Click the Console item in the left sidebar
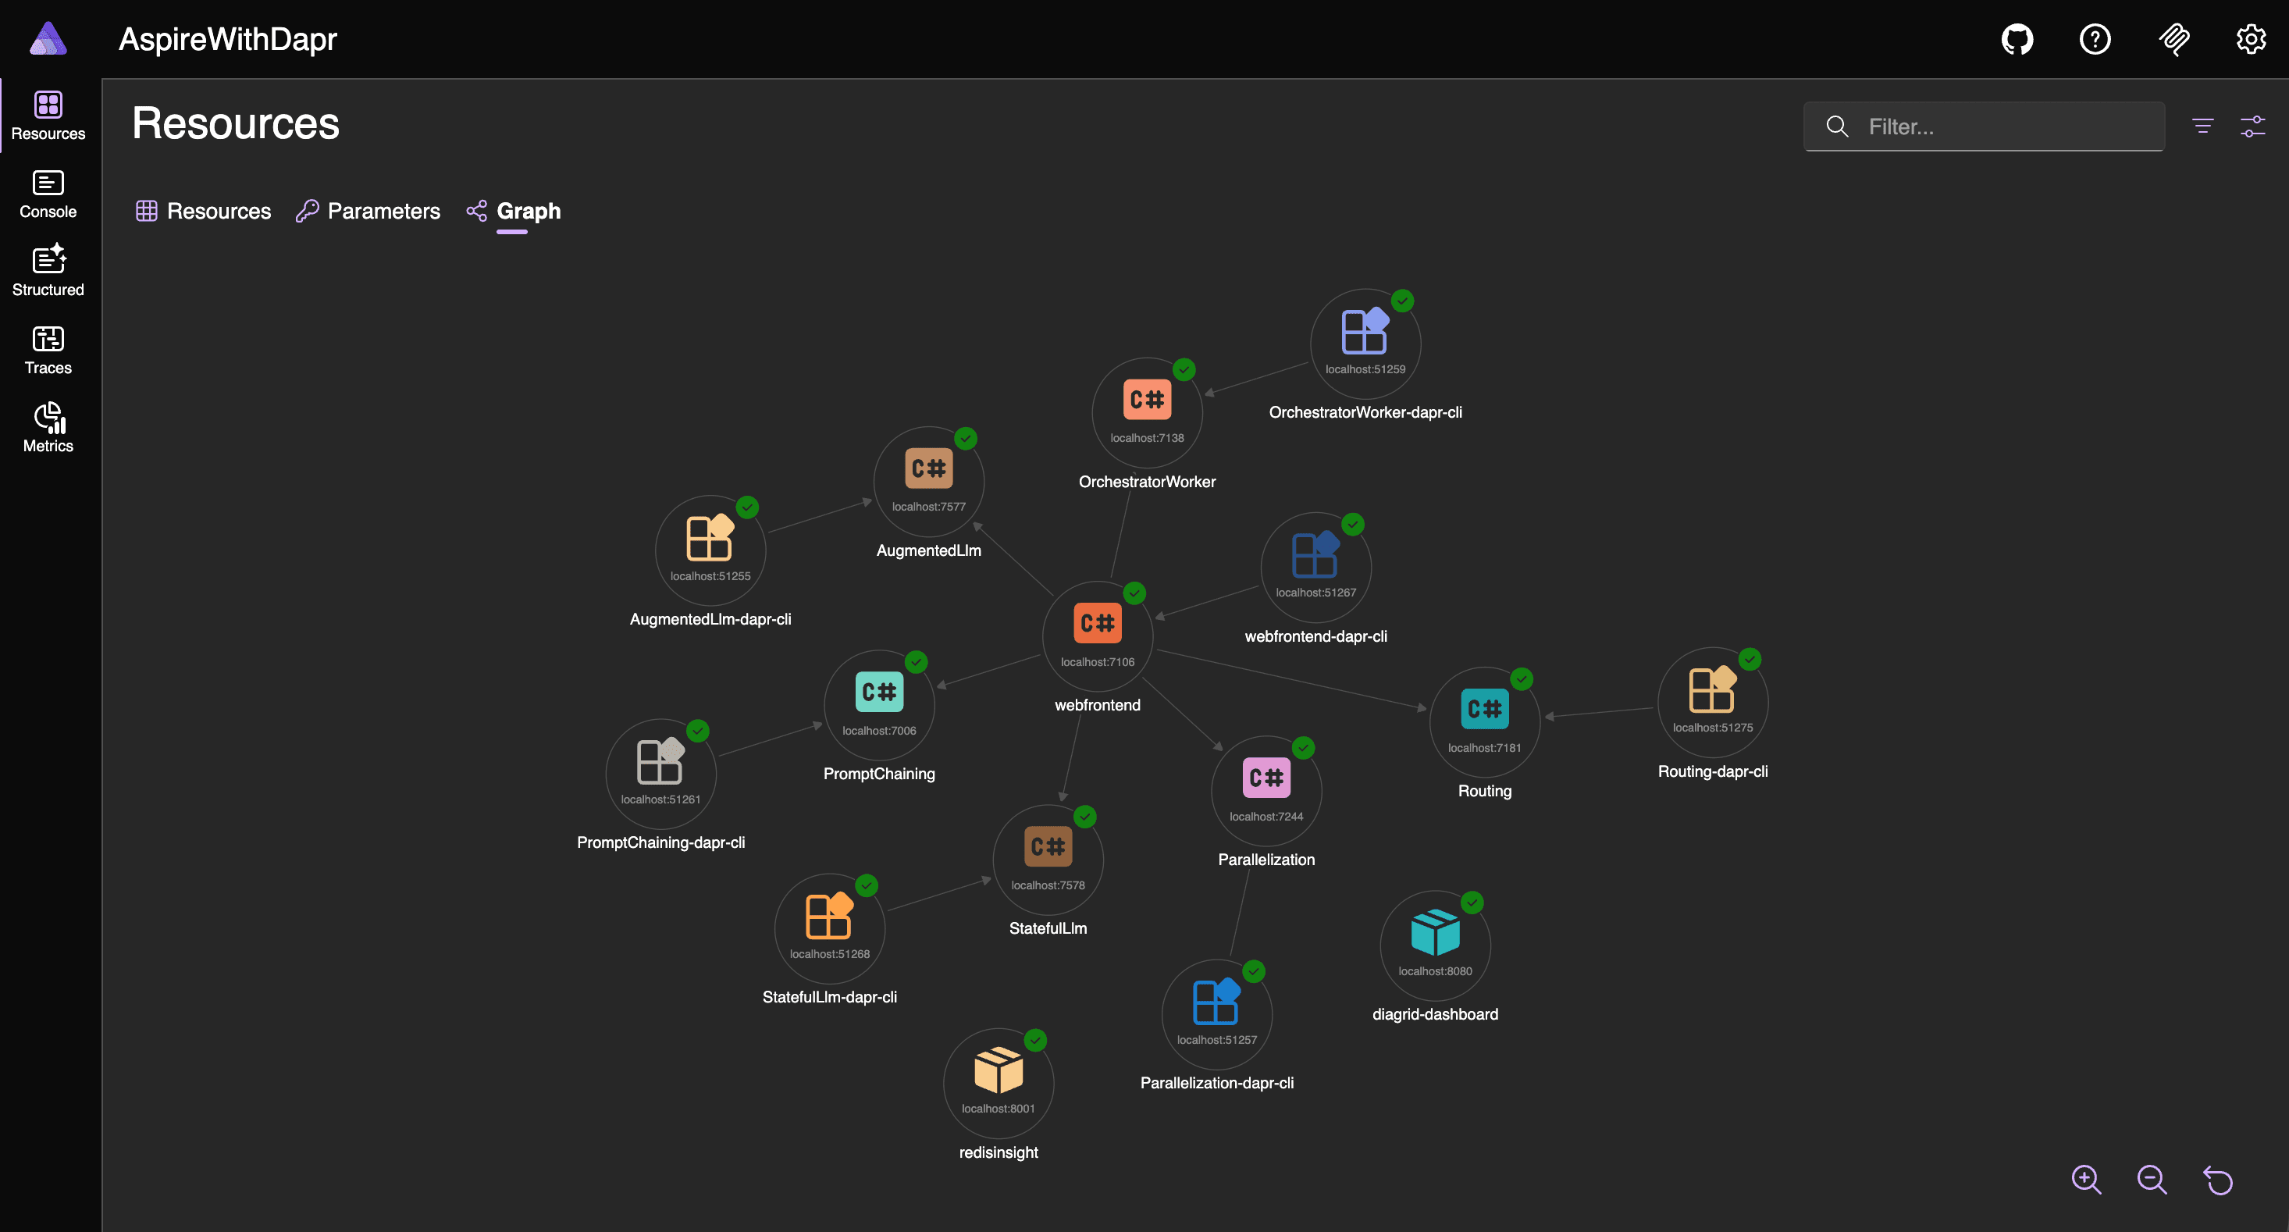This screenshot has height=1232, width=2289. (x=48, y=194)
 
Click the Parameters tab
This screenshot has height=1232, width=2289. (x=368, y=211)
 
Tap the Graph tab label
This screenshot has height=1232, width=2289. (x=529, y=211)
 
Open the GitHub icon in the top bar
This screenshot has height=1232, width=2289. (x=2017, y=39)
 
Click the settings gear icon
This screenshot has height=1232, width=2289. (x=2251, y=39)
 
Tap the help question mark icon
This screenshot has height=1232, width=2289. (x=2095, y=39)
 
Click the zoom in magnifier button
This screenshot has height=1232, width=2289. (x=2086, y=1180)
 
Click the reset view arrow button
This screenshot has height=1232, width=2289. (x=2218, y=1180)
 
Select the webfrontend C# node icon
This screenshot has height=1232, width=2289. (x=1098, y=623)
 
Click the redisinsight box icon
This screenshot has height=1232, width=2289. (x=999, y=1070)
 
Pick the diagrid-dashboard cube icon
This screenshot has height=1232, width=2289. (x=1435, y=931)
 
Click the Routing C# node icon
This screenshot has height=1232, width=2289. (x=1485, y=708)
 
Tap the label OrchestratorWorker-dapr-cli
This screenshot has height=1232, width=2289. (x=1365, y=412)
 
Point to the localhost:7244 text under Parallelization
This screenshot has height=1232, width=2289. (x=1266, y=816)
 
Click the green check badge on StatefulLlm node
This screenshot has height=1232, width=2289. (x=1085, y=817)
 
